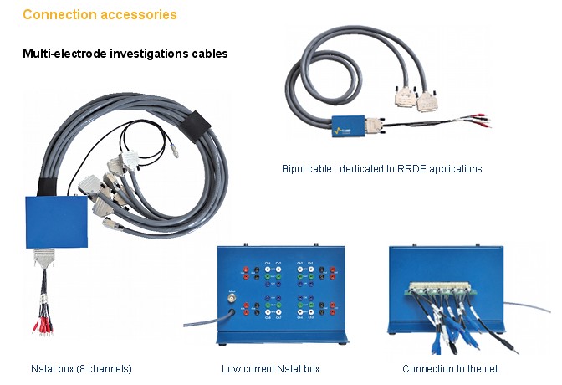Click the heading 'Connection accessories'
(100, 14)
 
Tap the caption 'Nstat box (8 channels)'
(80, 368)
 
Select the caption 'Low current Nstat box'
(270, 368)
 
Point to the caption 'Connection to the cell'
(449, 368)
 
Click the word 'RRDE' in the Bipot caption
(406, 168)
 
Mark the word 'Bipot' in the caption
(295, 168)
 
